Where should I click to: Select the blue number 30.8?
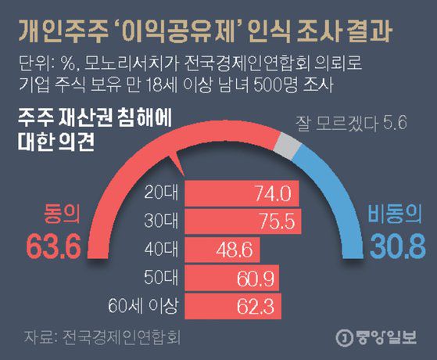tap(396, 247)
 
